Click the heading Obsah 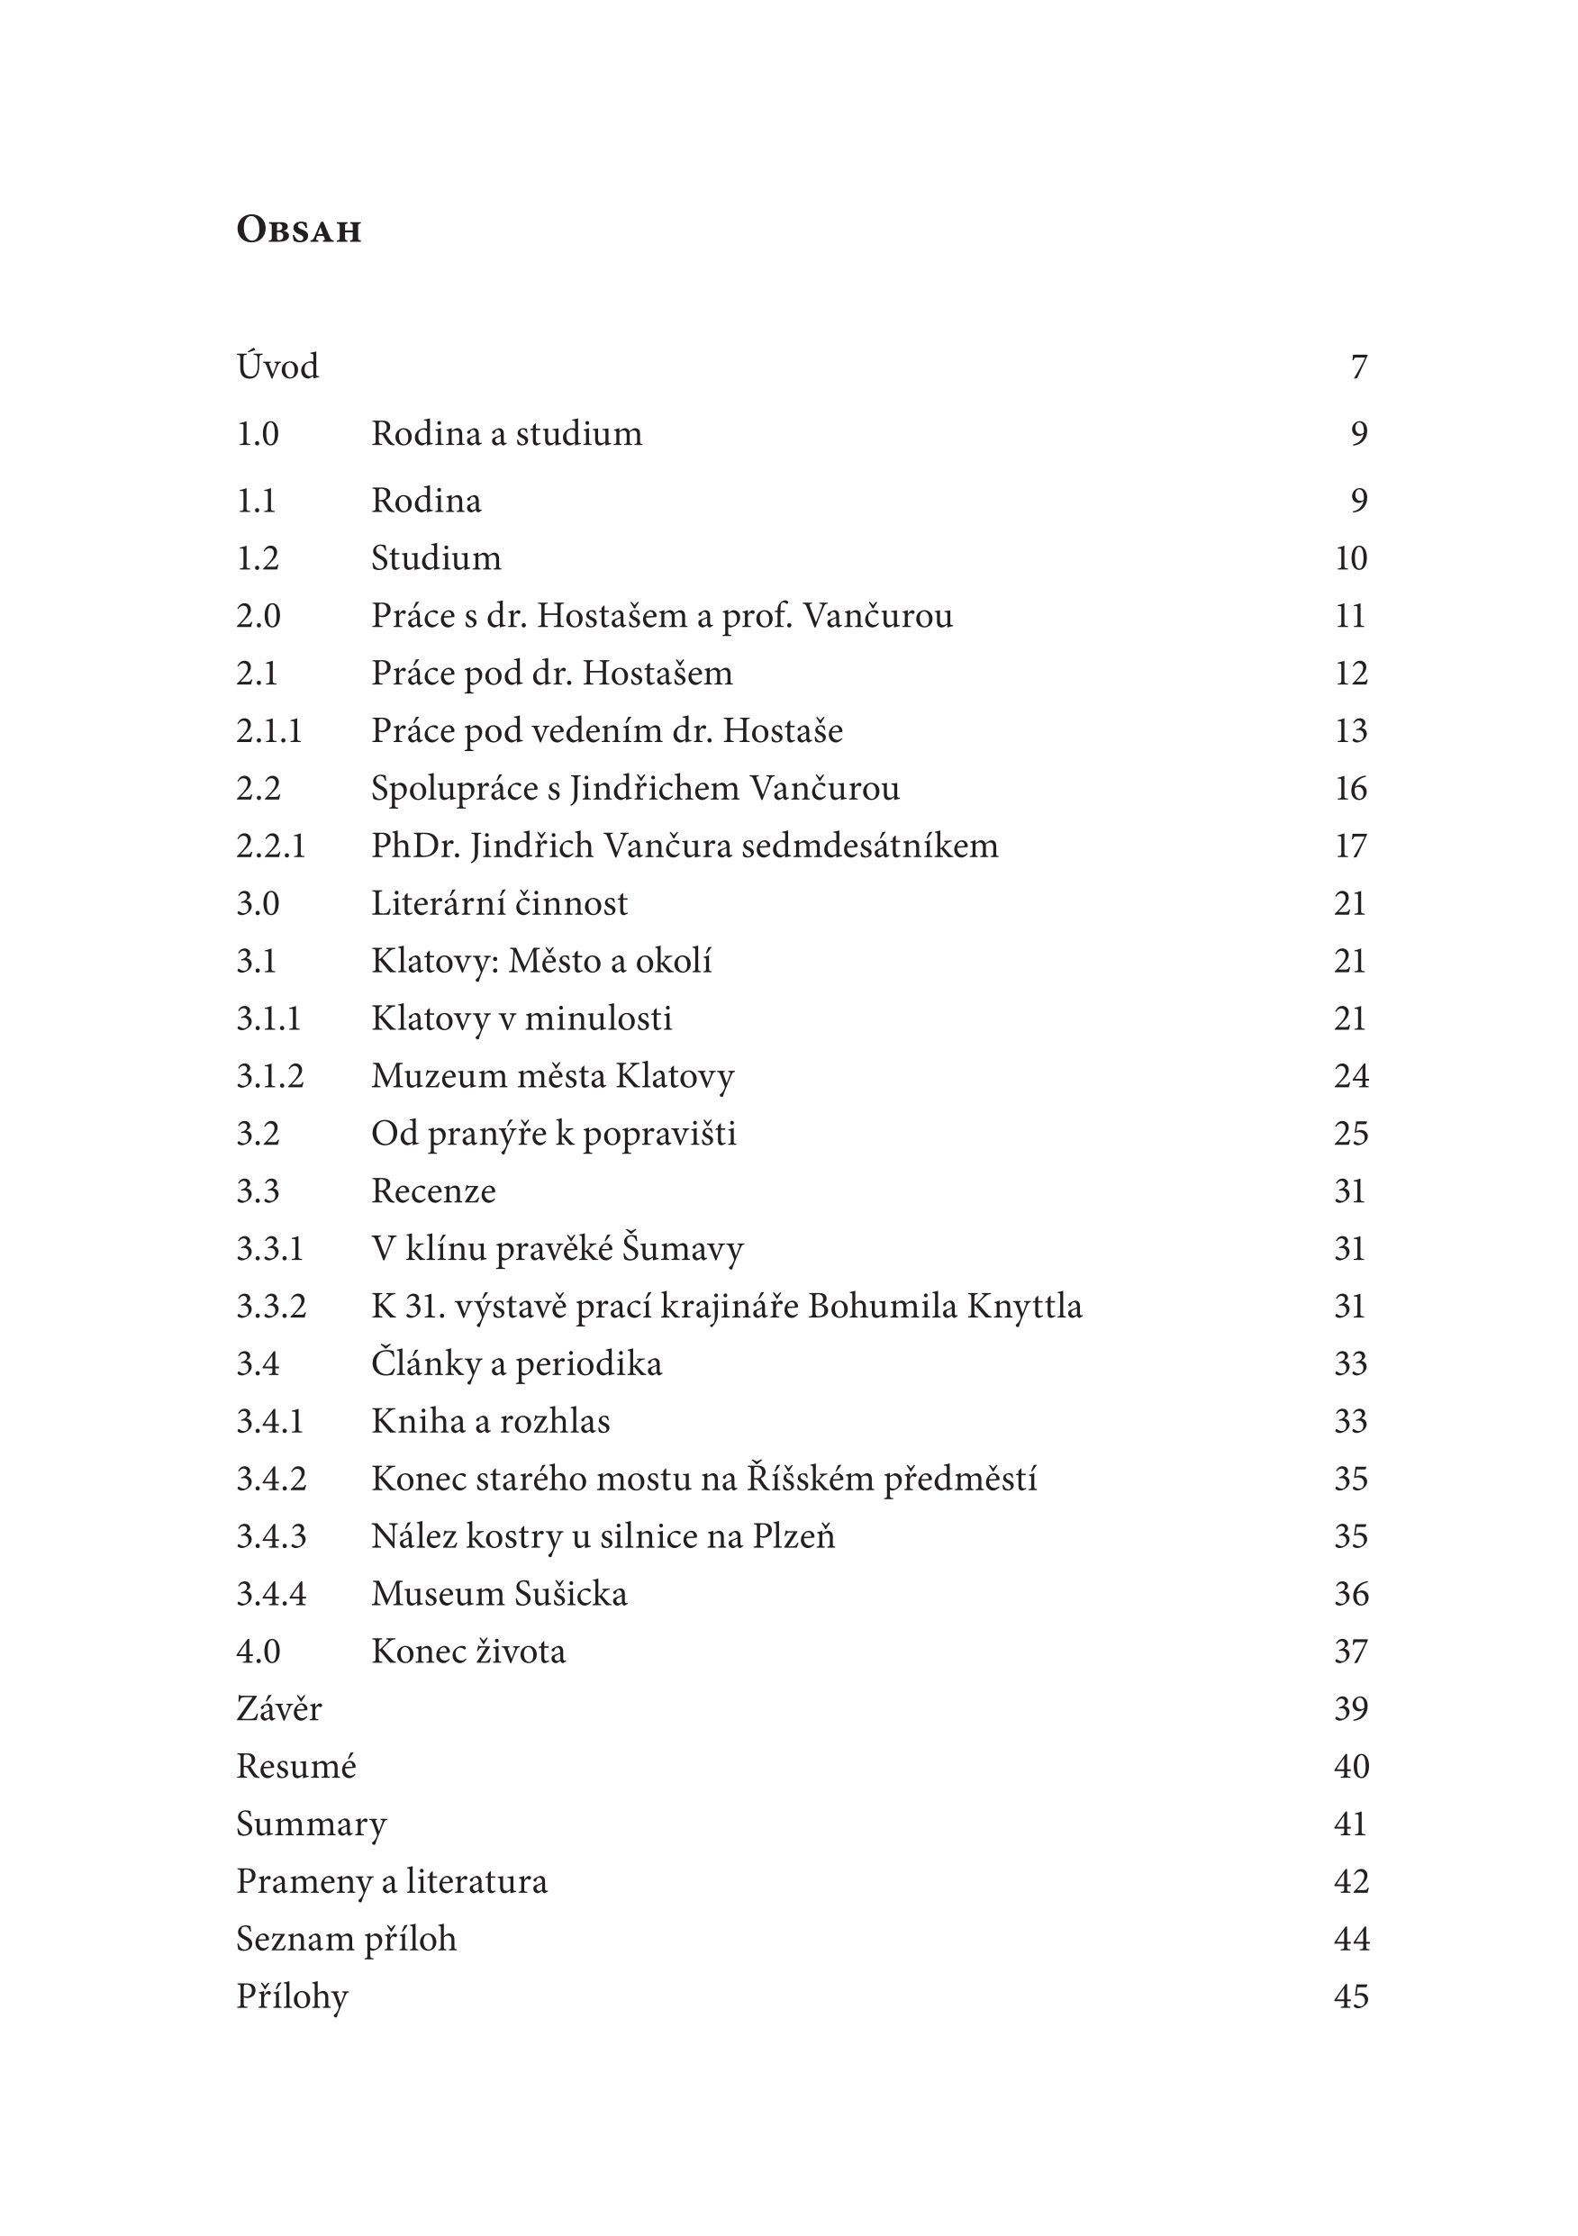[298, 230]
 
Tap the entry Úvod [277, 367]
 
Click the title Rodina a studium [506, 433]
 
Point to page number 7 [1359, 367]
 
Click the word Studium [437, 558]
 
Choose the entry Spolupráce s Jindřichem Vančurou [635, 788]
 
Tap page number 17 [1351, 846]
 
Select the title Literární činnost [500, 904]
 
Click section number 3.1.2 [270, 1076]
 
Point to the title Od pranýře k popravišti [553, 1134]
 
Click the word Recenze [433, 1191]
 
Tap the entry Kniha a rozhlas [491, 1421]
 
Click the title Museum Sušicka [500, 1593]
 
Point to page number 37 [1351, 1651]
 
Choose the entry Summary [312, 1824]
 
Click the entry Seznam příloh [347, 1939]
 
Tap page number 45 [1351, 1996]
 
